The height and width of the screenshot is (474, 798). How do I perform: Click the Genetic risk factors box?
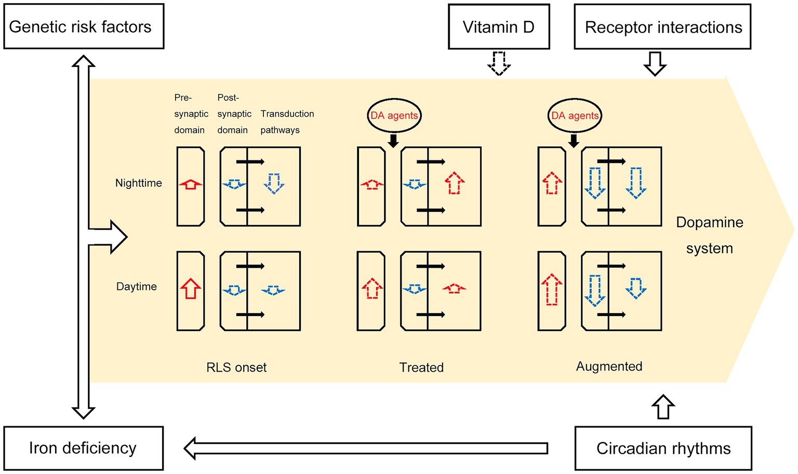pyautogui.click(x=84, y=26)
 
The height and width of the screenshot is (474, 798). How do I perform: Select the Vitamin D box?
pyautogui.click(x=499, y=26)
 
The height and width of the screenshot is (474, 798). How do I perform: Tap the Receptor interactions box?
pyautogui.click(x=662, y=26)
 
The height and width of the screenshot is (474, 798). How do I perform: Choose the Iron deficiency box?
pyautogui.click(x=84, y=448)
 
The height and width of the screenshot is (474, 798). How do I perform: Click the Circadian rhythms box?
pyautogui.click(x=663, y=449)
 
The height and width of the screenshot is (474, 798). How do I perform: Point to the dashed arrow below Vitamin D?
pyautogui.click(x=499, y=63)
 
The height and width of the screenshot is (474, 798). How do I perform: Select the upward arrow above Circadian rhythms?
pyautogui.click(x=663, y=407)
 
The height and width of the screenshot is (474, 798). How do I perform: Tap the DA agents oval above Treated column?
pyautogui.click(x=394, y=115)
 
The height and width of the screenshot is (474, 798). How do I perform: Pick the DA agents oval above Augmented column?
pyautogui.click(x=575, y=115)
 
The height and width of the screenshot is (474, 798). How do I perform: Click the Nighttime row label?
pyautogui.click(x=139, y=183)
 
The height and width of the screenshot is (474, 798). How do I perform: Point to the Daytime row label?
pyautogui.click(x=137, y=287)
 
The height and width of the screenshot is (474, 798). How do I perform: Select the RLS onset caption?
pyautogui.click(x=236, y=367)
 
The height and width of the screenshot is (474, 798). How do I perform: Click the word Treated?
pyautogui.click(x=421, y=367)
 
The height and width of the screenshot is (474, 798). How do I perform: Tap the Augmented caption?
pyautogui.click(x=609, y=367)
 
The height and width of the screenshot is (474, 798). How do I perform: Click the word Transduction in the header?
pyautogui.click(x=287, y=114)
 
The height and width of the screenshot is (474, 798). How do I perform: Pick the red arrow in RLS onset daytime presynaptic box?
pyautogui.click(x=191, y=289)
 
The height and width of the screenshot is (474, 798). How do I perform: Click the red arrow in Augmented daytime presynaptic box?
pyautogui.click(x=551, y=290)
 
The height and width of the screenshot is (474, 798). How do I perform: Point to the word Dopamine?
pyautogui.click(x=710, y=223)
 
